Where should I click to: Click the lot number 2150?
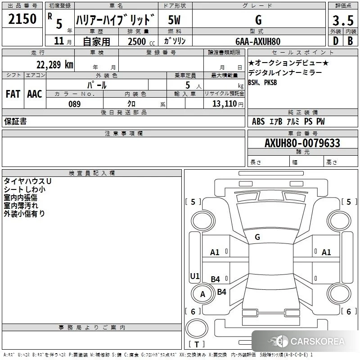pyautogui.click(x=22, y=19)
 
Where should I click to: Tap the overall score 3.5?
pyautogui.click(x=343, y=20)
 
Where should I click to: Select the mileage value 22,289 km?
pyautogui.click(x=54, y=65)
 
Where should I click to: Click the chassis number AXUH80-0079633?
pyautogui.click(x=302, y=143)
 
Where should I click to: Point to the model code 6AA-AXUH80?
pyautogui.click(x=258, y=41)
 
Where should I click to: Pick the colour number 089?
pyautogui.click(x=75, y=104)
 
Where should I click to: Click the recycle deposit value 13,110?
pyautogui.click(x=225, y=104)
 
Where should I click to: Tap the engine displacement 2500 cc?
pyautogui.click(x=141, y=41)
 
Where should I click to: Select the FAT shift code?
pyautogui.click(x=13, y=94)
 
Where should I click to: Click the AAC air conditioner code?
pyautogui.click(x=35, y=94)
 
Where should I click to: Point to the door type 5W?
pyautogui.click(x=174, y=20)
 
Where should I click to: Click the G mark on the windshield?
pyautogui.click(x=257, y=237)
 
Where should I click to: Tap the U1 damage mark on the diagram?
pyautogui.click(x=195, y=276)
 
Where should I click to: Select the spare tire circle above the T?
pyautogui.click(x=197, y=328)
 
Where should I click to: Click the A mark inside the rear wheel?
pyautogui.click(x=202, y=294)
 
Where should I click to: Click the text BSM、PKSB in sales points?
pyautogui.click(x=262, y=82)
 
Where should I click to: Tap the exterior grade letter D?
pyautogui.click(x=336, y=41)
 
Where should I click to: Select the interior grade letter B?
pyautogui.click(x=351, y=41)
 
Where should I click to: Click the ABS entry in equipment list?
pyautogui.click(x=258, y=121)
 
